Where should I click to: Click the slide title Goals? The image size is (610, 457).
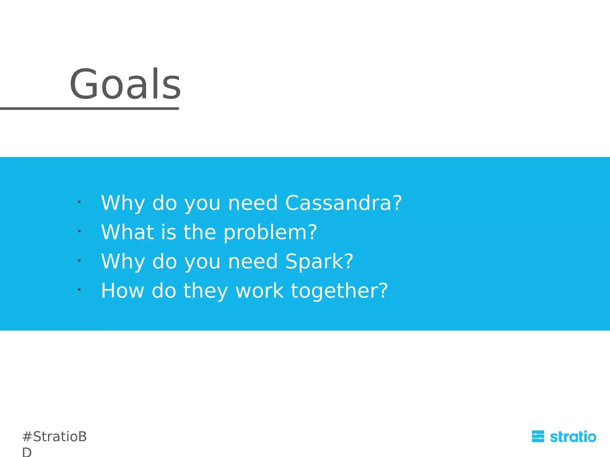tap(125, 84)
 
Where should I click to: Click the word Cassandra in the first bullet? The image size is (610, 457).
tap(337, 203)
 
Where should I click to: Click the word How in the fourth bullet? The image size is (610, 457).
tap(122, 291)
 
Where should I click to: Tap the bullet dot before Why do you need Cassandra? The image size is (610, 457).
tap(79, 202)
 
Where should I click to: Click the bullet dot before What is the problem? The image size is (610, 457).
tap(79, 231)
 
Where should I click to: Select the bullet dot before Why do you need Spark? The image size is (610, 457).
tap(79, 260)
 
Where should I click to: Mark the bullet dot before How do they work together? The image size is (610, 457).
tap(79, 289)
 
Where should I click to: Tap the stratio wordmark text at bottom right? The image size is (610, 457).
tap(573, 437)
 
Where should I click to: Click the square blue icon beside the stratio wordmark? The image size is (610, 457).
tap(538, 436)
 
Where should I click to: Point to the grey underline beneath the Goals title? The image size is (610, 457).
tap(89, 109)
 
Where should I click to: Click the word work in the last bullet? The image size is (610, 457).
tap(259, 291)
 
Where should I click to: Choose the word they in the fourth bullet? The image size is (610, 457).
tap(205, 291)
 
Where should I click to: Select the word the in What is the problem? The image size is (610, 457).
tap(199, 232)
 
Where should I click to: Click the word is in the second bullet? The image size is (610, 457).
tap(168, 232)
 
